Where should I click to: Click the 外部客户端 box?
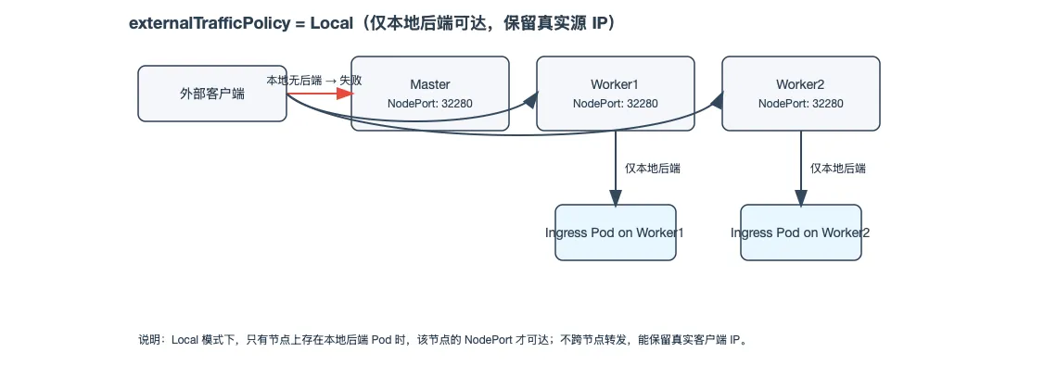[211, 94]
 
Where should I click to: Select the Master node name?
[429, 84]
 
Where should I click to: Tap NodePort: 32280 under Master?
[429, 104]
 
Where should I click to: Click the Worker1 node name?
[615, 84]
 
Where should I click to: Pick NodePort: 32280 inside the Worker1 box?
[615, 104]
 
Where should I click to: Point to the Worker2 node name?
[800, 84]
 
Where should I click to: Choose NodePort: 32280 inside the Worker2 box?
[800, 104]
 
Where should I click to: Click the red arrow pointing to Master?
[325, 94]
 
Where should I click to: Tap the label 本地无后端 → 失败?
[313, 81]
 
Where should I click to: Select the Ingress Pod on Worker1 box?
[615, 233]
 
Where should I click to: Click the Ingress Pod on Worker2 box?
[800, 233]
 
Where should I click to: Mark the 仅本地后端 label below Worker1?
[653, 169]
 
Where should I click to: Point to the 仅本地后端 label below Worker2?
[838, 169]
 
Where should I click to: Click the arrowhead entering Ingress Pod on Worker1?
[616, 197]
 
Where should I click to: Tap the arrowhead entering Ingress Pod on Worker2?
[801, 197]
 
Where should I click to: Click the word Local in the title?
[331, 24]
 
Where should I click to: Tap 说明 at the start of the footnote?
[149, 340]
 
